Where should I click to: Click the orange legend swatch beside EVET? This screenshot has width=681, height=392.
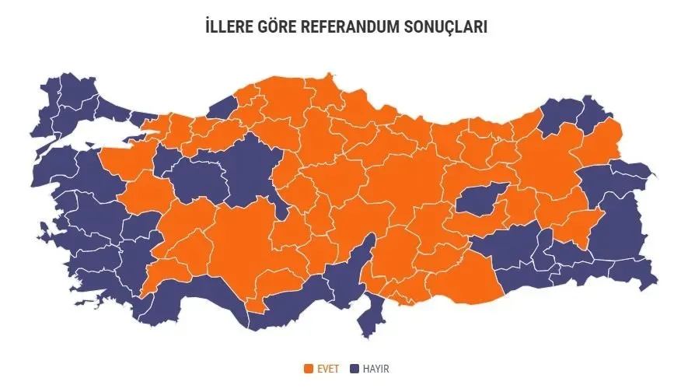point(309,369)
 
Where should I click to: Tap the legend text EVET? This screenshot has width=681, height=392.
point(328,369)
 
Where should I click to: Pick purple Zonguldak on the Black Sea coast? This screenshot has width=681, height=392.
point(222,107)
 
